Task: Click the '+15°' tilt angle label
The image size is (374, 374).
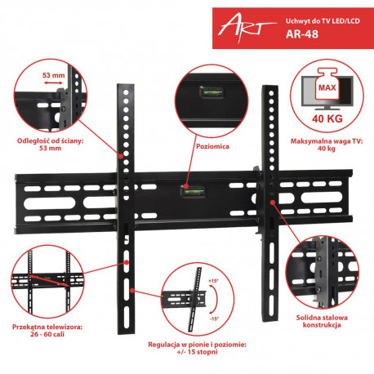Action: (x=213, y=282)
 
